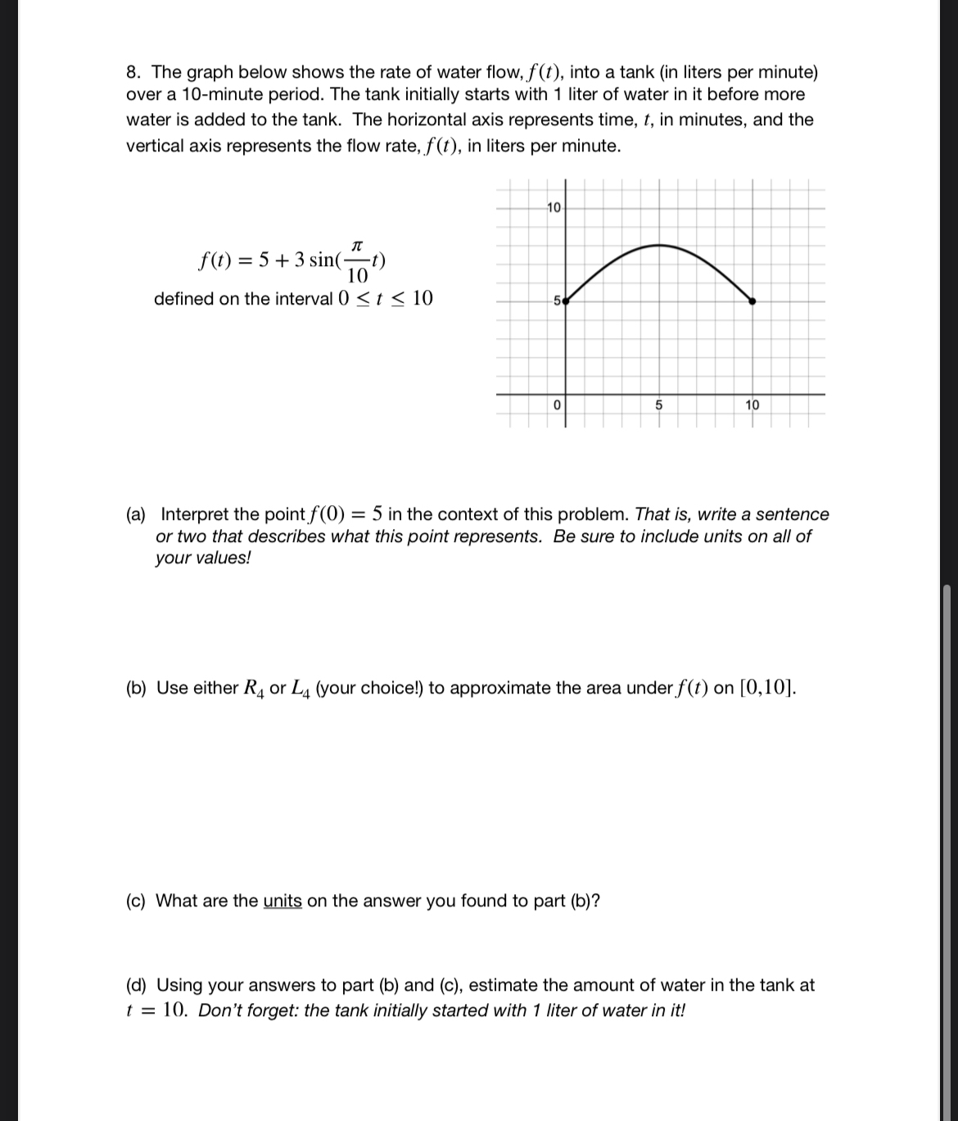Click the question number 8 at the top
coord(132,72)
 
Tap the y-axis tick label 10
coord(554,207)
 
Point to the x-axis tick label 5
coord(660,405)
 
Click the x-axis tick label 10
coord(752,405)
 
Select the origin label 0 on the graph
coord(556,405)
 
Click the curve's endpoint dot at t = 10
coord(753,301)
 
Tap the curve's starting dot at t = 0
coord(565,301)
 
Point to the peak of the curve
coord(659,245)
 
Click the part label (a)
coord(136,515)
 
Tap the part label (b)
coord(136,689)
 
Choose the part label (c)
coord(136,902)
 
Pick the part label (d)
coord(136,986)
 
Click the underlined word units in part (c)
coord(282,902)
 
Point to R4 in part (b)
coord(253,689)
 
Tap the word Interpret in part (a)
coord(195,515)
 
